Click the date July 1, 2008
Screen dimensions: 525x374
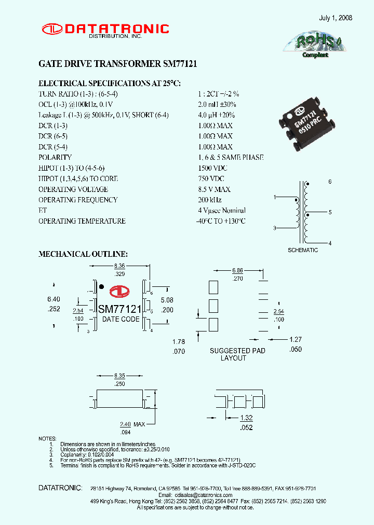click(x=336, y=18)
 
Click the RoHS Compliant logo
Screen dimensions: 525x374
click(x=315, y=44)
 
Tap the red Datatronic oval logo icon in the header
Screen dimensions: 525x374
click(x=51, y=29)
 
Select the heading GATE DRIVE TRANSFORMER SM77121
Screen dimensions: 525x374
click(x=118, y=64)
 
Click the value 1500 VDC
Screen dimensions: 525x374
click(x=212, y=168)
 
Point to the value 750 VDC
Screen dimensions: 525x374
click(x=211, y=178)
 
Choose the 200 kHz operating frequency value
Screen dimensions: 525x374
click(x=209, y=200)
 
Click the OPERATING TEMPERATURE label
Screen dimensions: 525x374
click(x=82, y=221)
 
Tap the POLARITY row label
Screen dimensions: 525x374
click(x=55, y=157)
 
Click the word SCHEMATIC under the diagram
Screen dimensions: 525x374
click(x=303, y=250)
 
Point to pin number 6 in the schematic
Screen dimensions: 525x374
click(x=329, y=182)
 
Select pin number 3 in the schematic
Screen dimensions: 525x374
click(x=275, y=228)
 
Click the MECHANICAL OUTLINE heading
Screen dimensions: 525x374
click(x=83, y=254)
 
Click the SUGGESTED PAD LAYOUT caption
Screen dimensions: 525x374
click(x=237, y=354)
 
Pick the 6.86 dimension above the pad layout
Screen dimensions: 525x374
click(x=237, y=270)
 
